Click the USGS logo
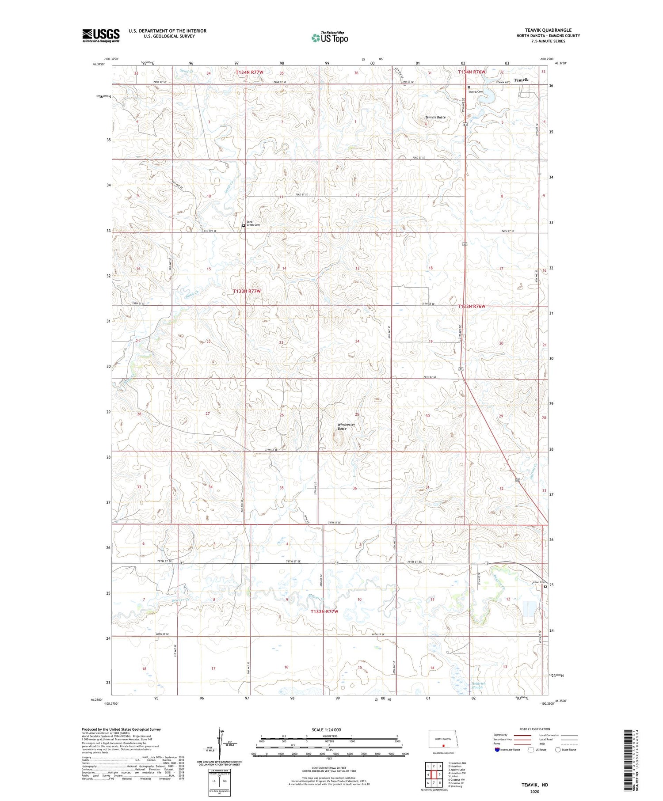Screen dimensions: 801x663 click(x=101, y=35)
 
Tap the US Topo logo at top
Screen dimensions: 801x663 click(x=330, y=38)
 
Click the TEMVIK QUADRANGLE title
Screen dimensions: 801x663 click(x=548, y=30)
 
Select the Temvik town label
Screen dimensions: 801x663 click(x=521, y=80)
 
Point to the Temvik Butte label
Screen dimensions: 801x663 click(x=435, y=117)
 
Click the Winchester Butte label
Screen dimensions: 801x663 click(x=346, y=426)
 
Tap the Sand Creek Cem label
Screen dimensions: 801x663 click(x=253, y=224)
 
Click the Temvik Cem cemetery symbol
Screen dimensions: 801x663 click(x=469, y=87)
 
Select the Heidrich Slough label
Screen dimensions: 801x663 click(x=478, y=685)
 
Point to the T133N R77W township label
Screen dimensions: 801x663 click(x=247, y=291)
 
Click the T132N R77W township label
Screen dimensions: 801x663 click(x=324, y=611)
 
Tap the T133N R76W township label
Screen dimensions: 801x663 click(x=472, y=306)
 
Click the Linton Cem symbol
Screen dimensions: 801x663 click(x=545, y=587)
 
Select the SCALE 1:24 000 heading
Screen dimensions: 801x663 click(x=326, y=729)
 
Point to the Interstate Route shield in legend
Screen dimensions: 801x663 click(x=497, y=750)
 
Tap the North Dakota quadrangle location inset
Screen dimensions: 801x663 click(x=443, y=739)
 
